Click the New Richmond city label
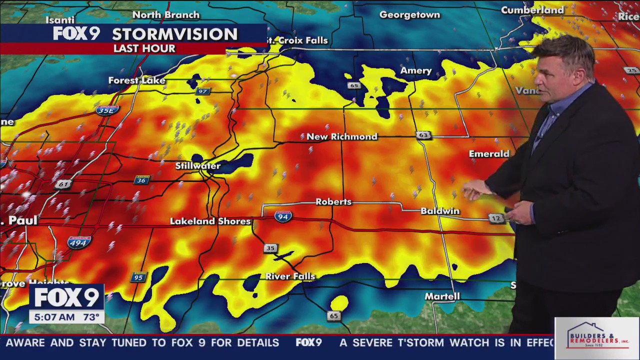click(x=341, y=136)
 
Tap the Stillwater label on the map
click(x=197, y=165)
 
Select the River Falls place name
click(x=290, y=276)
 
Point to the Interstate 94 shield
click(x=283, y=216)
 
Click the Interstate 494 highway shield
click(x=79, y=242)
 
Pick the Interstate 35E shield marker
click(x=107, y=110)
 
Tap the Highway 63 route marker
click(x=423, y=135)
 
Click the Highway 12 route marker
click(x=495, y=218)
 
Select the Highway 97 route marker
click(x=202, y=91)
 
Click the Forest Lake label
click(x=136, y=80)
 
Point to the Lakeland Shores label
click(x=210, y=221)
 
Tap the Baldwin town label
click(x=439, y=211)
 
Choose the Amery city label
click(x=415, y=71)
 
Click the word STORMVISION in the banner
click(x=174, y=34)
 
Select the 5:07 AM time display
click(x=52, y=317)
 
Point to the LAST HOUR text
click(x=144, y=48)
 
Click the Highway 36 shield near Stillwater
click(x=142, y=179)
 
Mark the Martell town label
click(x=442, y=296)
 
